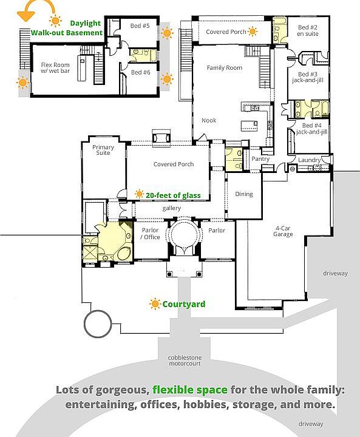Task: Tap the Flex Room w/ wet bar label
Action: (55, 68)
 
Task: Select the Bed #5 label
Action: (140, 26)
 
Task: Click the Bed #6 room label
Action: (141, 72)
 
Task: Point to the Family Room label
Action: (225, 68)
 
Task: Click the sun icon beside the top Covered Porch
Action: (253, 32)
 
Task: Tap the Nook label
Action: (209, 120)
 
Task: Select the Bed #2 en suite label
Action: (308, 31)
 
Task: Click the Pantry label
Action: (260, 159)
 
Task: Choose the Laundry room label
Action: (309, 160)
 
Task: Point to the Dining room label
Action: (244, 194)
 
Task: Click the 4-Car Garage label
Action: (283, 231)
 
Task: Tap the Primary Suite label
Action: (103, 150)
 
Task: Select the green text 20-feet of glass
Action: (173, 195)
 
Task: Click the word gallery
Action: (171, 208)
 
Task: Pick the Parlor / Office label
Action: (150, 234)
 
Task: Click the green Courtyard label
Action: (184, 304)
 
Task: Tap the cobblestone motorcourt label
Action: (185, 361)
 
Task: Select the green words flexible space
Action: (190, 390)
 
